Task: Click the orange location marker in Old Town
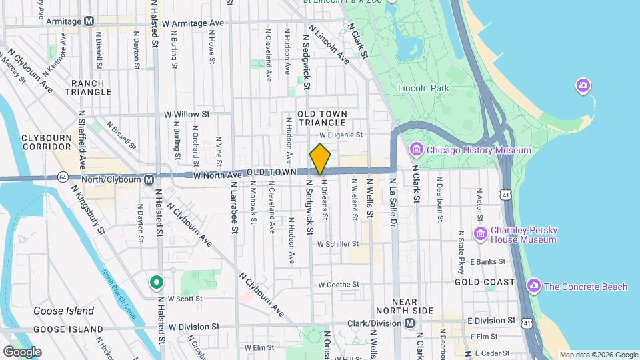tap(320, 159)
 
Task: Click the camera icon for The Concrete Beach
tap(533, 287)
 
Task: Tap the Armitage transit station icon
tap(89, 21)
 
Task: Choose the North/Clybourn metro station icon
tap(149, 179)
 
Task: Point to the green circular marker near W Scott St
tap(157, 283)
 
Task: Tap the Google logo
tap(22, 351)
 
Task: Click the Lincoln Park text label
tap(423, 88)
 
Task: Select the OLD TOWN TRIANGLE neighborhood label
tap(323, 119)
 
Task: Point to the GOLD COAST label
tap(485, 282)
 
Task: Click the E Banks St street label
tap(484, 261)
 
